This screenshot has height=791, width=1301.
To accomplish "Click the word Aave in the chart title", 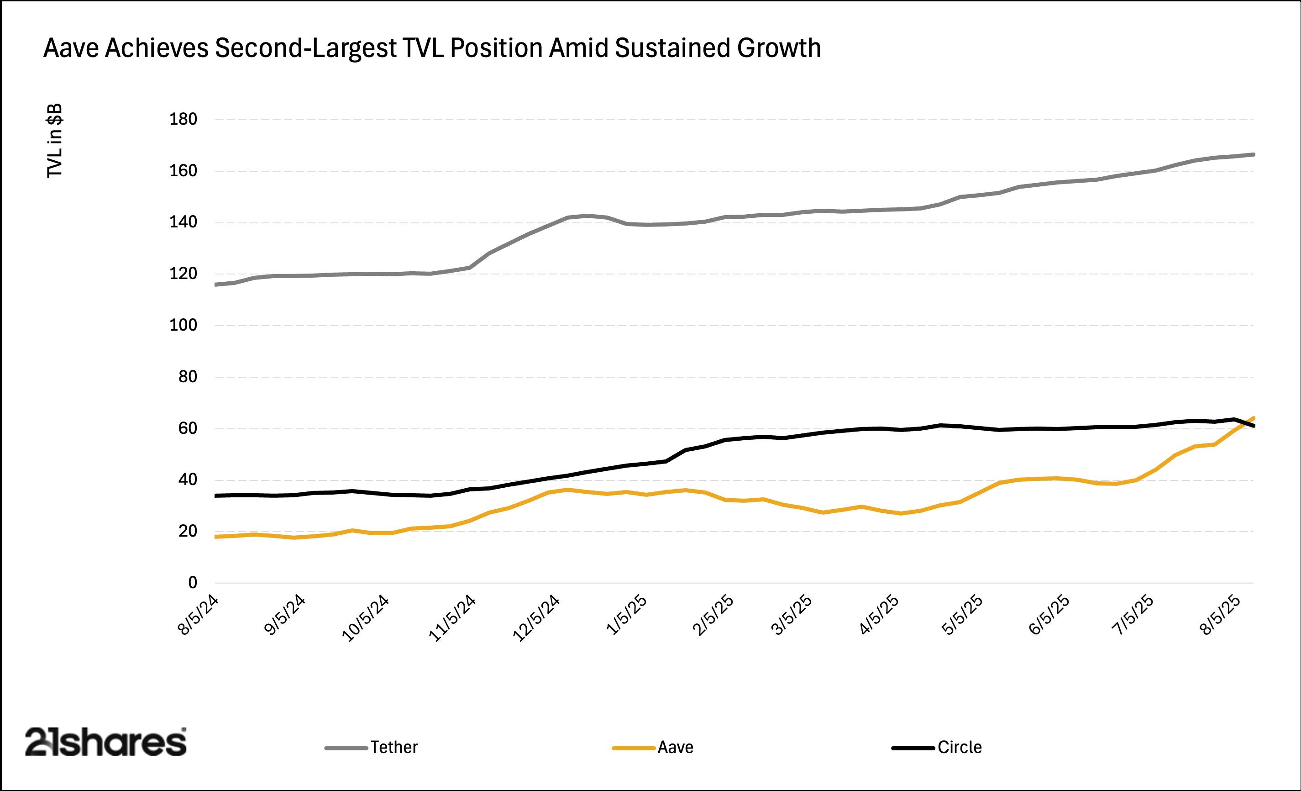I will [x=71, y=48].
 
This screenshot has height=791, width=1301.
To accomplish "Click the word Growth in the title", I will [x=779, y=48].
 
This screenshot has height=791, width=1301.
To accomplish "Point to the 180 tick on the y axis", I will [x=183, y=119].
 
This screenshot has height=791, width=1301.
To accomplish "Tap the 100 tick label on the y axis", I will [x=183, y=326].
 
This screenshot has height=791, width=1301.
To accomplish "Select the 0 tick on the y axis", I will [x=192, y=583].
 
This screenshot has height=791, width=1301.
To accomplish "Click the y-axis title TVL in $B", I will [x=55, y=141].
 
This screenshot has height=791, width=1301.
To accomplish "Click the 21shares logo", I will [x=105, y=743].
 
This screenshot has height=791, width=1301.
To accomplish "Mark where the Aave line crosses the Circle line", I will [x=1244, y=423].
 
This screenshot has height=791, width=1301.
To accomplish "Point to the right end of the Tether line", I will [x=1254, y=155].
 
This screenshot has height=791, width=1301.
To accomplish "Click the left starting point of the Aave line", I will [x=215, y=537].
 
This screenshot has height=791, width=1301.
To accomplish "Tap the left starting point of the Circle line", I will [x=215, y=496].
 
